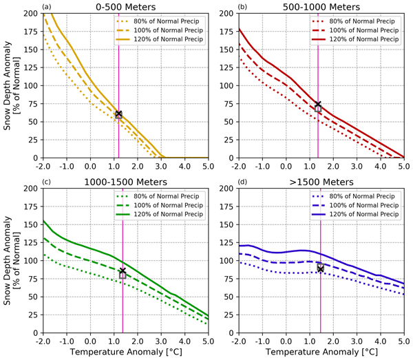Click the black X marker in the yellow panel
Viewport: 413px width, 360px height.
tap(118, 114)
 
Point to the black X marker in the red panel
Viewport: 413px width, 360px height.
tap(318, 105)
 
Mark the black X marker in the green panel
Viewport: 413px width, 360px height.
tap(123, 271)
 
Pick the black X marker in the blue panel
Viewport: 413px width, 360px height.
tap(320, 268)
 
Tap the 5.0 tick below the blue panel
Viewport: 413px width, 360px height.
tap(403, 341)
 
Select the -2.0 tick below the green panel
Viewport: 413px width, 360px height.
tap(43, 341)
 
